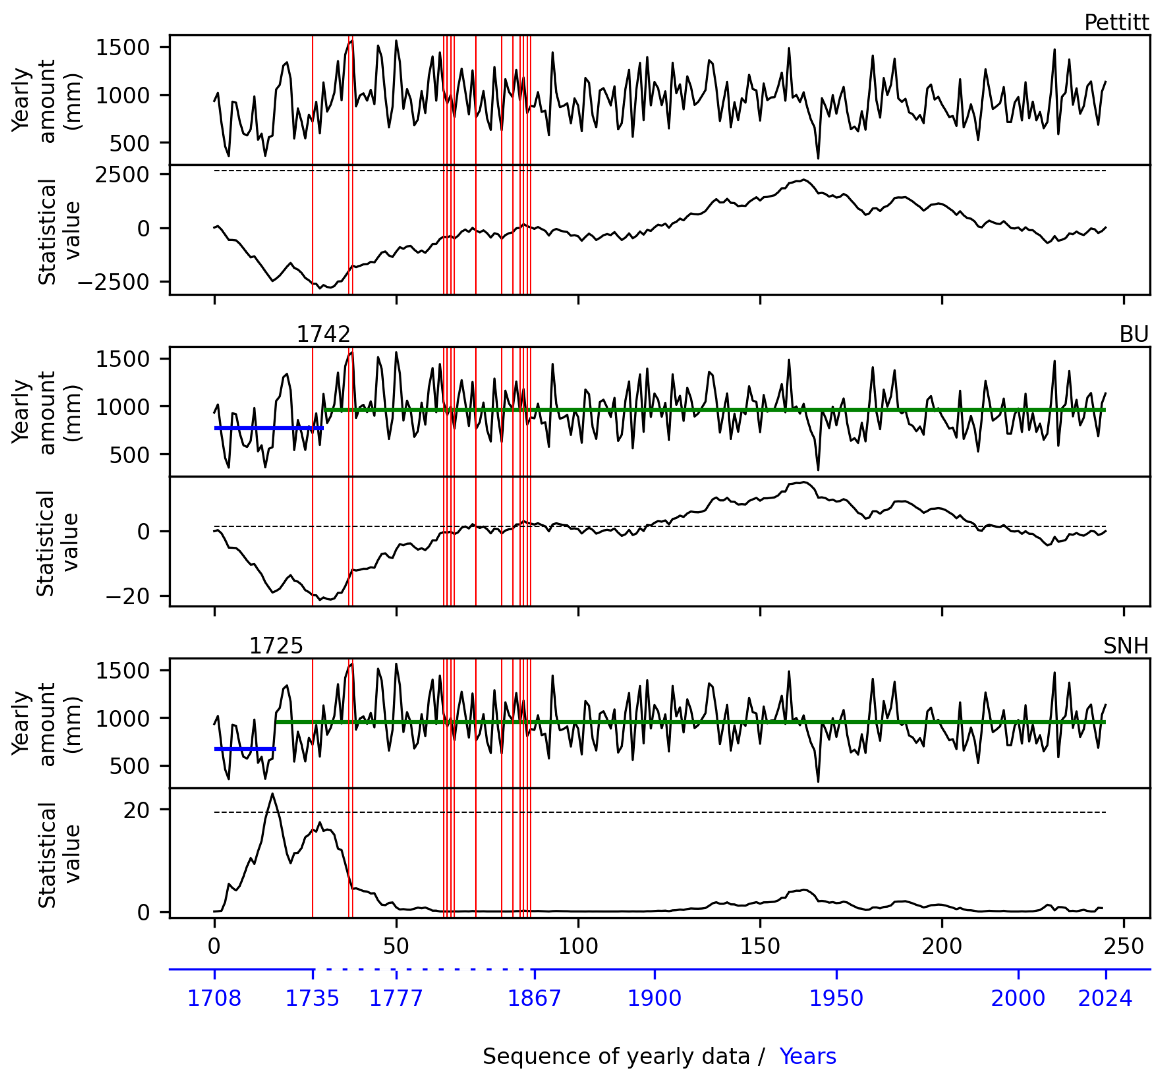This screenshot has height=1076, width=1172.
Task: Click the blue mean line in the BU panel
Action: (x=268, y=428)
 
